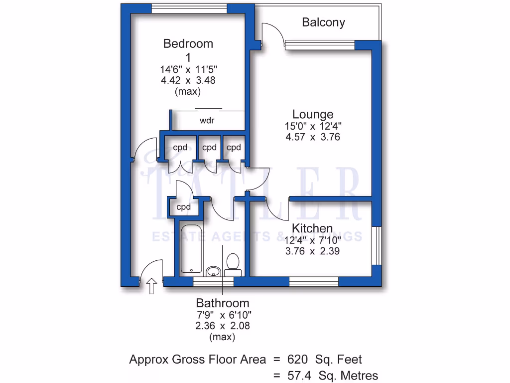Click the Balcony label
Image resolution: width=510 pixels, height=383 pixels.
[x=323, y=22]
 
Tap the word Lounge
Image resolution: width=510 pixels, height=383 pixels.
[x=313, y=115]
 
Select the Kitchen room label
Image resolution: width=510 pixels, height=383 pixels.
[x=312, y=228]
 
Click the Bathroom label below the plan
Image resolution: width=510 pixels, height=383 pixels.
[x=222, y=303]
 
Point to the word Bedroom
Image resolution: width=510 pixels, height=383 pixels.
[x=188, y=44]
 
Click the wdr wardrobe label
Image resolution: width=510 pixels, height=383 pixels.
[x=208, y=121]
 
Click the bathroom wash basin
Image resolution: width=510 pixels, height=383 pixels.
[x=213, y=271]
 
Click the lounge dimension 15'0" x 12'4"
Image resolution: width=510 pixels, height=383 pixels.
[x=313, y=126]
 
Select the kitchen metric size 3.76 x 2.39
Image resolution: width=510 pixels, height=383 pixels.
[x=312, y=251]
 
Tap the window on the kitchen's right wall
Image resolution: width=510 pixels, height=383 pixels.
[x=378, y=247]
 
